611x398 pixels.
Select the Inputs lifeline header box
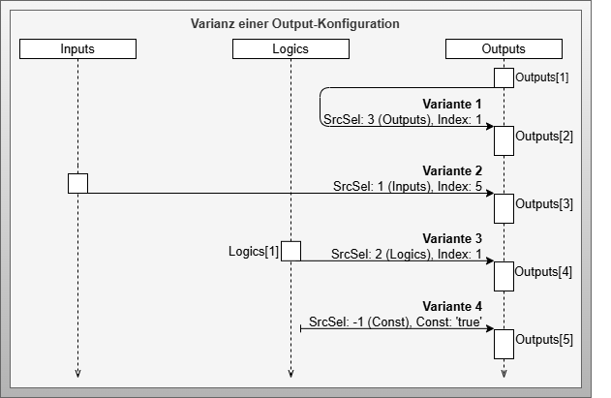click(x=77, y=48)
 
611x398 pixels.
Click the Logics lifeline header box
click(x=290, y=48)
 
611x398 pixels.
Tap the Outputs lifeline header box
click(x=504, y=48)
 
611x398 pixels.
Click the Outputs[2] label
click(x=544, y=136)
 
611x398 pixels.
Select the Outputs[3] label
click(x=544, y=203)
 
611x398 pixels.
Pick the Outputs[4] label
click(x=544, y=271)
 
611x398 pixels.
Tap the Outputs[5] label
click(x=544, y=339)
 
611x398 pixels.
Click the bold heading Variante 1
click(x=452, y=104)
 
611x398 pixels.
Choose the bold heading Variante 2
click(x=452, y=170)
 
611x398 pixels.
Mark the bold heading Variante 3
click(x=452, y=238)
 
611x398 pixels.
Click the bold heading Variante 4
click(x=452, y=306)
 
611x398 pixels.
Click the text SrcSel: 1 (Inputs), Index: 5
click(x=408, y=185)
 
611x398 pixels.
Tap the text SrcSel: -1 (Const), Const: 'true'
click(x=396, y=321)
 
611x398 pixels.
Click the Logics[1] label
click(x=253, y=252)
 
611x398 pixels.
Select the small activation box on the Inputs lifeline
click(x=77, y=183)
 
